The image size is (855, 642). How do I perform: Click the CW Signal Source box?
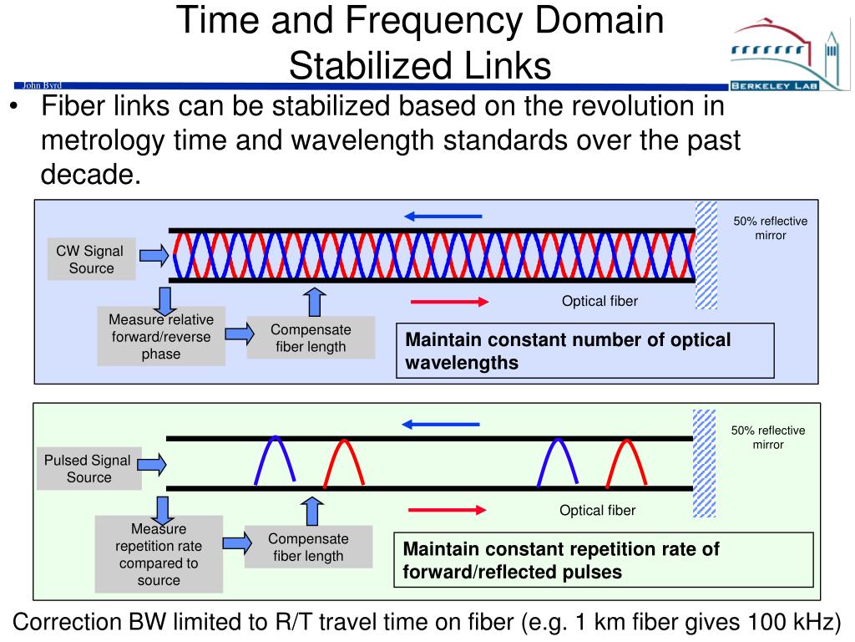tap(90, 259)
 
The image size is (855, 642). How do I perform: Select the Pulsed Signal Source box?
tap(88, 469)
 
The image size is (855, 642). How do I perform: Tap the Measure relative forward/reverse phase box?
tap(161, 337)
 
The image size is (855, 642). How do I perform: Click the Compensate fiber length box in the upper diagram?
tap(311, 338)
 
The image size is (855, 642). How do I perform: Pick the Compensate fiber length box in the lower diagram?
tap(308, 547)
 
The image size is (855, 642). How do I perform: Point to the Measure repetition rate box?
tap(159, 554)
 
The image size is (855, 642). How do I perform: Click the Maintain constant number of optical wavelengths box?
tap(585, 351)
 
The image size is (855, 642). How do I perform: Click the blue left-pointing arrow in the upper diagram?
tap(443, 217)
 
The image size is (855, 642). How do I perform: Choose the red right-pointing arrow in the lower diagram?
tap(447, 509)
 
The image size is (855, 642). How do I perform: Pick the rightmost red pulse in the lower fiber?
tap(628, 459)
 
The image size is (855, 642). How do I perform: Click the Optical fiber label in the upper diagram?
tap(600, 301)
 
